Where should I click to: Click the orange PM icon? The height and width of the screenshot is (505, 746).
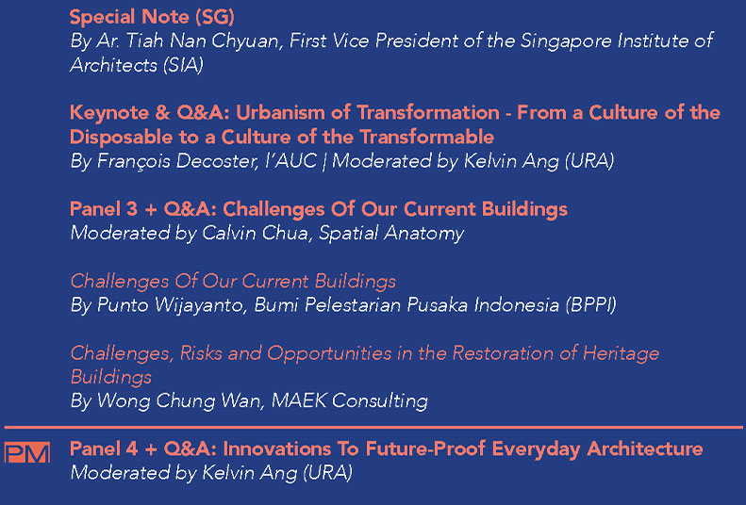(27, 452)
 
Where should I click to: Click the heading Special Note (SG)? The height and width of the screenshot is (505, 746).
(152, 17)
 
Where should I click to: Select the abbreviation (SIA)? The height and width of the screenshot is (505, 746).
(183, 65)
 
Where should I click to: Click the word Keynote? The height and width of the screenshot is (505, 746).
(110, 113)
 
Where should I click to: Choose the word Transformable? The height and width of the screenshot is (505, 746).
(427, 137)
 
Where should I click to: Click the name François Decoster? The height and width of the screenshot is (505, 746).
(177, 161)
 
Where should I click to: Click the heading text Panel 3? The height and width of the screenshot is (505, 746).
(103, 209)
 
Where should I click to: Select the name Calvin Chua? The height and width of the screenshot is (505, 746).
(255, 234)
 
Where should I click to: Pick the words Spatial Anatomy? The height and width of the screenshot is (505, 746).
(391, 234)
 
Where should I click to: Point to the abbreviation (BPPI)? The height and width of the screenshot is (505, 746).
(591, 305)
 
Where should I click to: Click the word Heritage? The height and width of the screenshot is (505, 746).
(621, 353)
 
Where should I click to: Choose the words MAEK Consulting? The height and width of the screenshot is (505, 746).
(349, 401)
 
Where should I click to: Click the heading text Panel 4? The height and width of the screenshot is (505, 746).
(104, 449)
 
